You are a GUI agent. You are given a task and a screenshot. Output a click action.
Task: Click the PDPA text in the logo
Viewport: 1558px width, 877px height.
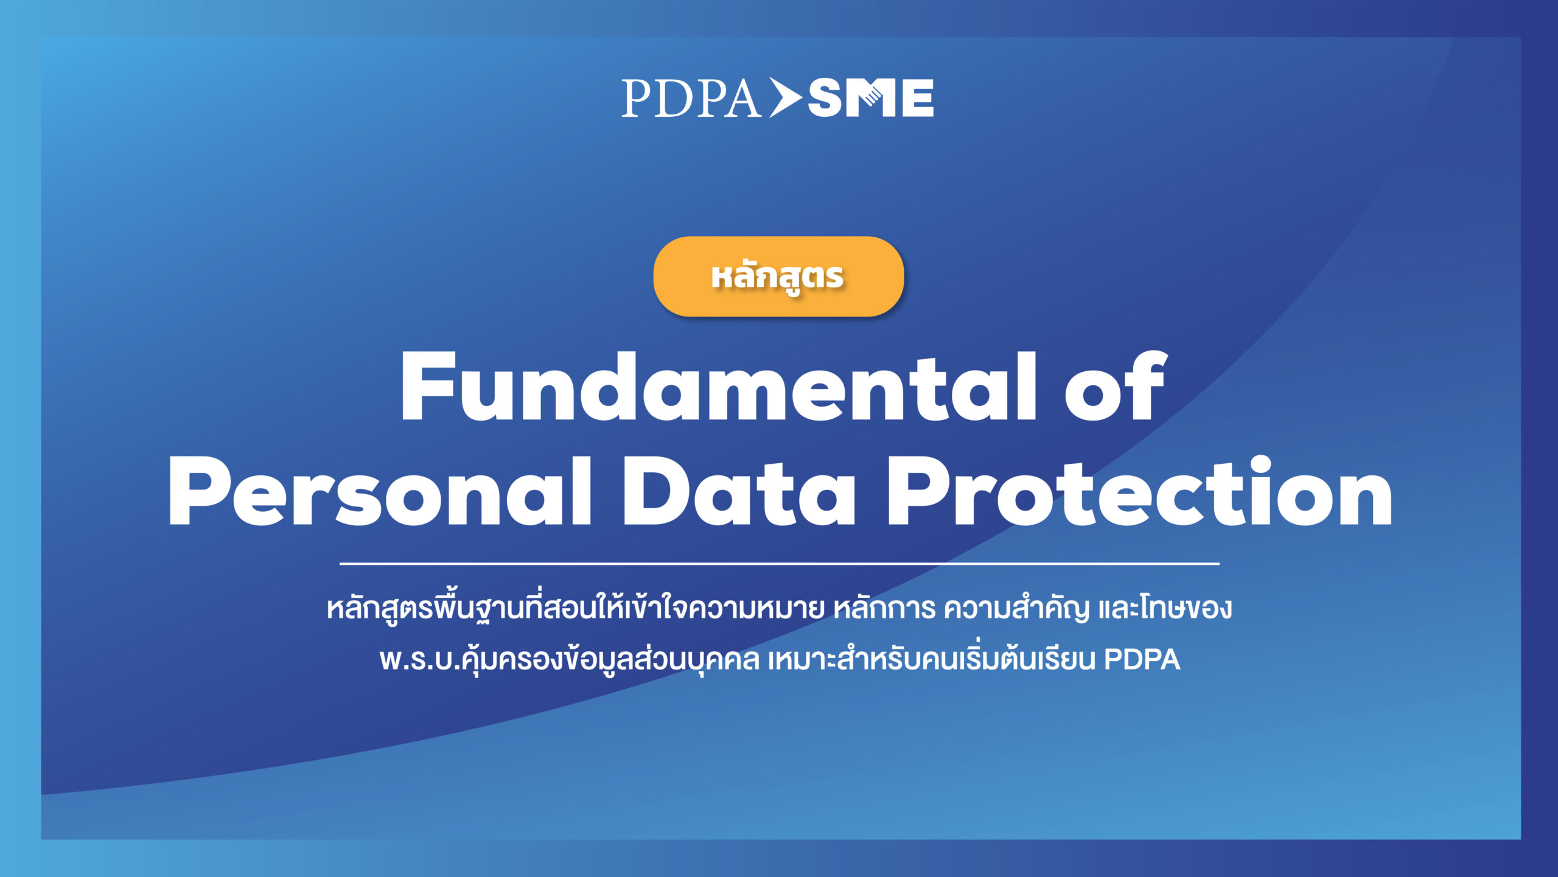[691, 98]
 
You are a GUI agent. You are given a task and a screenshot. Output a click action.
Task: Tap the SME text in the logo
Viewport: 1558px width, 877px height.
[870, 98]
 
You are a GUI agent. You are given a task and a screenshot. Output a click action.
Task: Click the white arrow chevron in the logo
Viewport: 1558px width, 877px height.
[785, 97]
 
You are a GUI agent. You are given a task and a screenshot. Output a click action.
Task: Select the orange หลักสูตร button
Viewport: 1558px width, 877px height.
[778, 276]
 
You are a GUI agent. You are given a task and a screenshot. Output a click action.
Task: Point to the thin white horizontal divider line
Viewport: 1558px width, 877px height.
[779, 564]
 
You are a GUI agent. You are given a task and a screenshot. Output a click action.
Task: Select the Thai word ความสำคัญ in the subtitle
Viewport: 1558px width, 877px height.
[1016, 609]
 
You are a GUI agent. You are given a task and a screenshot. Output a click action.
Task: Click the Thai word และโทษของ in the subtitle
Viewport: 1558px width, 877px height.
[1165, 609]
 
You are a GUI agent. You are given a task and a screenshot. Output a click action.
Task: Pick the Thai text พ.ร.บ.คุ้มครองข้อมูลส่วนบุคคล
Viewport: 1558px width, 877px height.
[569, 660]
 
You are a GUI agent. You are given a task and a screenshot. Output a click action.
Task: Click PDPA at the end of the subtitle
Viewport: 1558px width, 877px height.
[1142, 660]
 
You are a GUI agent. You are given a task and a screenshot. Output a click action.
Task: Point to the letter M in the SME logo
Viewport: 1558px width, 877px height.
[872, 98]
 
